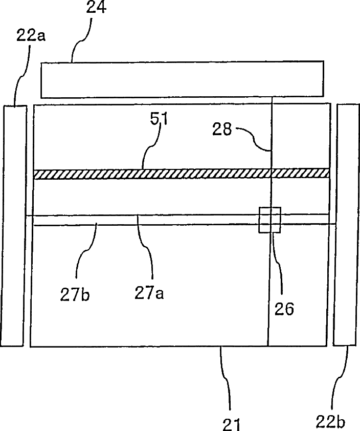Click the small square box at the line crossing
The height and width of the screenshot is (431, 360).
pos(270,220)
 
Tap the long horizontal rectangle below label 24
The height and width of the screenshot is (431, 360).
pos(182,79)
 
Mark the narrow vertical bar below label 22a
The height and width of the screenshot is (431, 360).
pos(14,225)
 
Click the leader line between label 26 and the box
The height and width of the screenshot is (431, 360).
pos(277,266)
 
